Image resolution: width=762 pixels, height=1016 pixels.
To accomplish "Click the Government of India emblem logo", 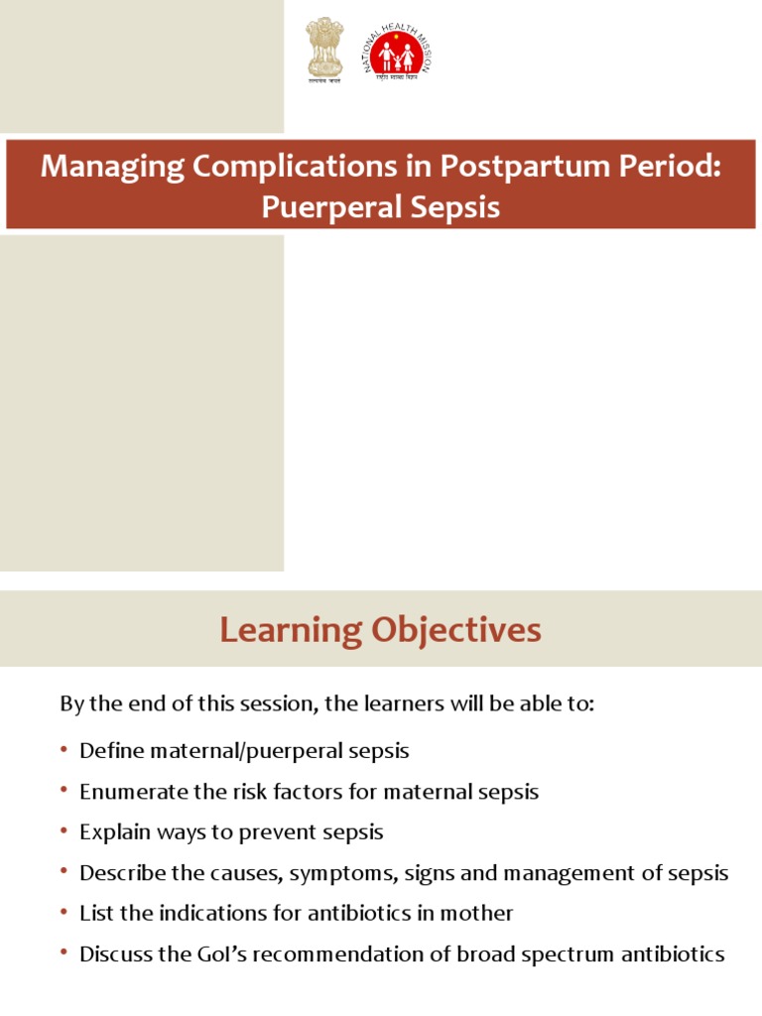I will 323,51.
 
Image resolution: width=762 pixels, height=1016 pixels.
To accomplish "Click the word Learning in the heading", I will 291,630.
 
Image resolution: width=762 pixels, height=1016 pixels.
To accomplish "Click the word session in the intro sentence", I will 264,704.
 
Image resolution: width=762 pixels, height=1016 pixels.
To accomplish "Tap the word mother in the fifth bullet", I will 480,913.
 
